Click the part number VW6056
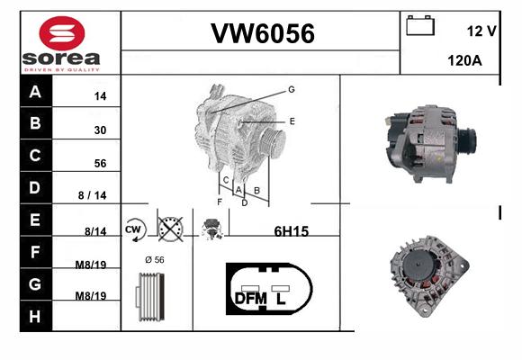(263, 33)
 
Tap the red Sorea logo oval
(62, 33)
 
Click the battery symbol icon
(420, 25)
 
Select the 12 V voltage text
(481, 31)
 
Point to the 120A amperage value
(464, 60)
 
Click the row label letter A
(35, 92)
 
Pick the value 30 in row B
(100, 130)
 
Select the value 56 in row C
(100, 163)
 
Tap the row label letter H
(35, 317)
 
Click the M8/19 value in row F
(91, 265)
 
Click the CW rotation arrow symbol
(135, 229)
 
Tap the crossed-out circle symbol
(170, 229)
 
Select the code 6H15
(292, 231)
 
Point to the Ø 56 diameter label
(155, 260)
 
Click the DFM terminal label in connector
(251, 299)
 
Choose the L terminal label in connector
(281, 299)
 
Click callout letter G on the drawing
(292, 90)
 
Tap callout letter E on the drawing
(292, 121)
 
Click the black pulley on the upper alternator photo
(468, 141)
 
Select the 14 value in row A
(100, 96)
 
